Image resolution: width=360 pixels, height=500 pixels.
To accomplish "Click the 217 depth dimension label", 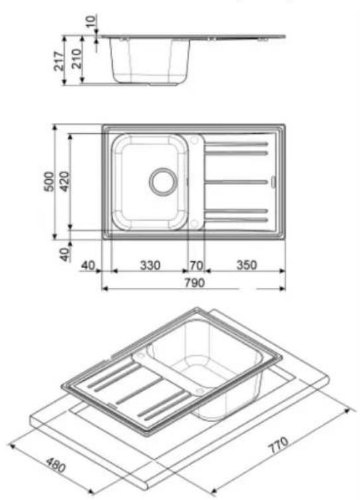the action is [x=58, y=61].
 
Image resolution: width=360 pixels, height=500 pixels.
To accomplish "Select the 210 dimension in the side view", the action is [x=77, y=58].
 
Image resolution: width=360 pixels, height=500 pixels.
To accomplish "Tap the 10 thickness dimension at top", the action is [x=91, y=21].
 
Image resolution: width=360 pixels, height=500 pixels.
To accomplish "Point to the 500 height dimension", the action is [x=48, y=182].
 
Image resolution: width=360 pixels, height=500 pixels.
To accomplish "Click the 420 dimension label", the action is [x=65, y=182].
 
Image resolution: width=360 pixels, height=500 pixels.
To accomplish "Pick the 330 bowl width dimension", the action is [x=150, y=265].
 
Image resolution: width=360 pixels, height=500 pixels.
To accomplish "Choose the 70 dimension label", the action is [x=196, y=265].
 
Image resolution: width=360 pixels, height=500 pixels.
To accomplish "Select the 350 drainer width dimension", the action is [x=247, y=265].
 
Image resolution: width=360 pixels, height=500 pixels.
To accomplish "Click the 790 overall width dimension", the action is [x=194, y=282].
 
